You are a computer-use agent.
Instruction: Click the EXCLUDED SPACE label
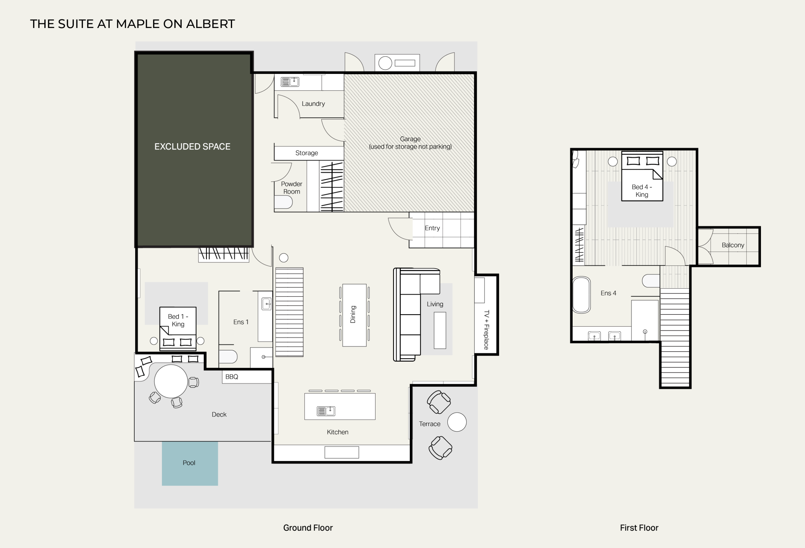point(192,147)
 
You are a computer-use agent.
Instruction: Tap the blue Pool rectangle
point(190,463)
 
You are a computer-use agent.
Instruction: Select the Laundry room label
point(313,104)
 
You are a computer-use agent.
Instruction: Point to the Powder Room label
point(292,188)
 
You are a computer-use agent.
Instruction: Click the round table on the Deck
point(171,381)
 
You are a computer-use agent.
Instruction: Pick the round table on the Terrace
point(457,422)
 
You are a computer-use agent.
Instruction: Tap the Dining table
point(354,315)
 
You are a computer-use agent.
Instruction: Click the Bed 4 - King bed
point(642,176)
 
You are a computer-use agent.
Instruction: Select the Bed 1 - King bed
point(178,329)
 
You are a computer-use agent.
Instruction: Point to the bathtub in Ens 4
point(581,295)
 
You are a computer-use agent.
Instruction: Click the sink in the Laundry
point(290,82)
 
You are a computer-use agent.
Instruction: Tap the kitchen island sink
point(326,411)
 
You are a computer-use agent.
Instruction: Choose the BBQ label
point(232,377)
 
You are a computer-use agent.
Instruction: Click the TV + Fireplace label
point(486,330)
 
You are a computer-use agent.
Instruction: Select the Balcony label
point(733,245)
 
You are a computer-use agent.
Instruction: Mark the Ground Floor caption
point(308,528)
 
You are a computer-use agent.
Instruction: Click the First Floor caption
point(639,528)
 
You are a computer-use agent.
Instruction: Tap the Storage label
point(307,153)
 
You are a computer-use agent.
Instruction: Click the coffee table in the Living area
point(440,330)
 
